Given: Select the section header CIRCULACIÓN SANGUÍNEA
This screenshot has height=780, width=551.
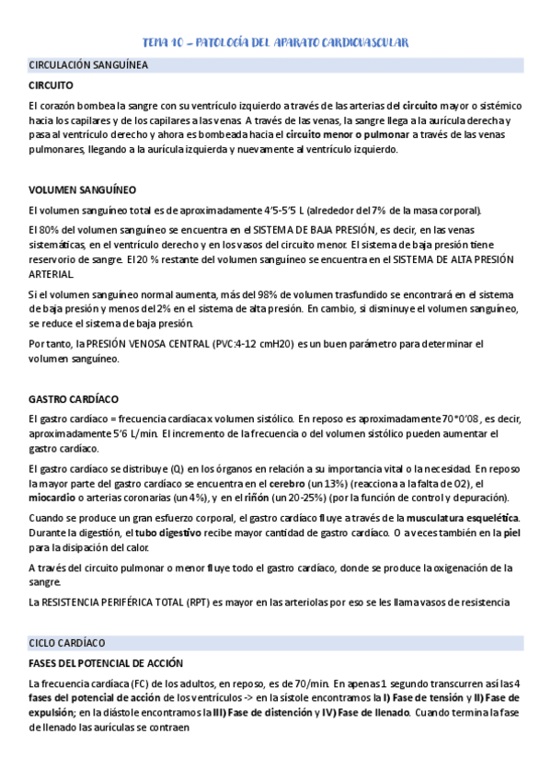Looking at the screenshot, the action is (88, 66).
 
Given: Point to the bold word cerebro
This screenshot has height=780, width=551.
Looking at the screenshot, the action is (286, 484).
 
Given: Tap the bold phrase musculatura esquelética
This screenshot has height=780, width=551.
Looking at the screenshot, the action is (462, 519).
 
